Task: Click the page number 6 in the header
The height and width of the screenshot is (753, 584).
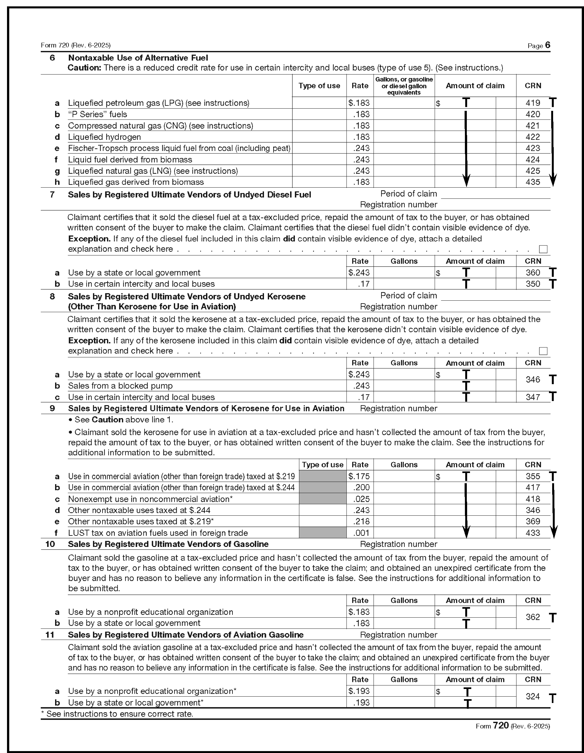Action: click(x=548, y=45)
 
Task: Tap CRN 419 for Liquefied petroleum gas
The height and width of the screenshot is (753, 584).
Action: click(x=533, y=103)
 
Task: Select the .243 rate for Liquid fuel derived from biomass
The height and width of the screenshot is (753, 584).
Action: click(x=361, y=160)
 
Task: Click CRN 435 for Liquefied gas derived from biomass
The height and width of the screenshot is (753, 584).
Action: click(x=533, y=182)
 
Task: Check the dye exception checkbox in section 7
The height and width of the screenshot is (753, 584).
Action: click(x=543, y=249)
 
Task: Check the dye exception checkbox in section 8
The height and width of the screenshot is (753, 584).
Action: click(x=543, y=351)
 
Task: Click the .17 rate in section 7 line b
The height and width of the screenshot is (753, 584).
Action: click(x=363, y=284)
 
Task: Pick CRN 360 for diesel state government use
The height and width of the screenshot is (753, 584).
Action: click(x=533, y=272)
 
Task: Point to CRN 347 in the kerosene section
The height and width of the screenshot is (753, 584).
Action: click(x=533, y=397)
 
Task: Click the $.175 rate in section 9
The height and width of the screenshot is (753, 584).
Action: click(x=359, y=476)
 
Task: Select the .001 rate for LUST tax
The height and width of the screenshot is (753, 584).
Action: click(x=361, y=533)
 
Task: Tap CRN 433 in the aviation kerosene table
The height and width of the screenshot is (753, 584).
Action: click(x=533, y=533)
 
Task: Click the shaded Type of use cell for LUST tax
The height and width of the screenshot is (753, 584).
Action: click(x=322, y=533)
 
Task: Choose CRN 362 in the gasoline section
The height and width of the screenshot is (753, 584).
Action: click(x=533, y=617)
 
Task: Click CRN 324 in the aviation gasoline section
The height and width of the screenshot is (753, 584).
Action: click(x=533, y=696)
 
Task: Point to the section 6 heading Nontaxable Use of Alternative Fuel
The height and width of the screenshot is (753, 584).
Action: click(x=138, y=58)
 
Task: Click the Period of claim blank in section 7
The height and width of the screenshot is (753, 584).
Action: click(x=495, y=194)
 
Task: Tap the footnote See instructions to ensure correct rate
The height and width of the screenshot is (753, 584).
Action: click(x=117, y=714)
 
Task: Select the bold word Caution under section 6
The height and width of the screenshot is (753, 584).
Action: click(x=84, y=68)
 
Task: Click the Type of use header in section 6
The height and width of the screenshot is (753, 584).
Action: click(x=319, y=86)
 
